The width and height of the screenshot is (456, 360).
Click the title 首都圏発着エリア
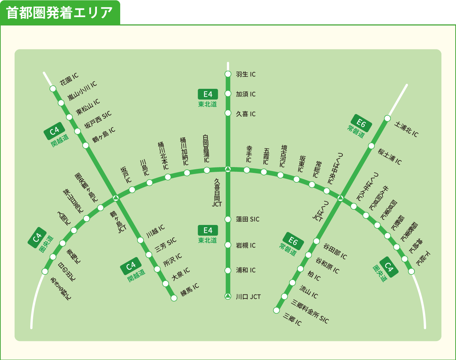[x=60, y=13]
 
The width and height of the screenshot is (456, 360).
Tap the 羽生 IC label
[x=246, y=74]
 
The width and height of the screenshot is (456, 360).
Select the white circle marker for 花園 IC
[x=53, y=88]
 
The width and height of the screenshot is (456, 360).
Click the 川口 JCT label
[x=248, y=297]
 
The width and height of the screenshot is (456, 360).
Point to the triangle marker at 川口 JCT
[x=228, y=296]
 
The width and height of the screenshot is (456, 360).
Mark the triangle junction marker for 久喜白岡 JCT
[x=228, y=169]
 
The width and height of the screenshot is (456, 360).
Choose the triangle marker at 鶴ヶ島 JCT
[x=116, y=198]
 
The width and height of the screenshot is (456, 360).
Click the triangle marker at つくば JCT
[x=341, y=198]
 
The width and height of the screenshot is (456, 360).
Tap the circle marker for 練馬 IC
[x=174, y=298]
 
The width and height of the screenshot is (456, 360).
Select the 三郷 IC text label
[x=292, y=320]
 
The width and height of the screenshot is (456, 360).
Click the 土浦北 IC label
[x=406, y=129]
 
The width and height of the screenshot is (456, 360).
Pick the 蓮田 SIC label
[x=248, y=219]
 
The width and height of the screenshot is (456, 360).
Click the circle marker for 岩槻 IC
[x=228, y=245]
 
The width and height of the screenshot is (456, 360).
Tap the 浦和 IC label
[x=246, y=270]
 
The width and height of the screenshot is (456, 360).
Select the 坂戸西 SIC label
[x=98, y=120]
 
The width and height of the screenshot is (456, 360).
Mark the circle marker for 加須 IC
[x=228, y=94]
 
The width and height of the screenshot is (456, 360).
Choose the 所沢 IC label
[x=173, y=260]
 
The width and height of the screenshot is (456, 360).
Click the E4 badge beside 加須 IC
[x=208, y=94]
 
